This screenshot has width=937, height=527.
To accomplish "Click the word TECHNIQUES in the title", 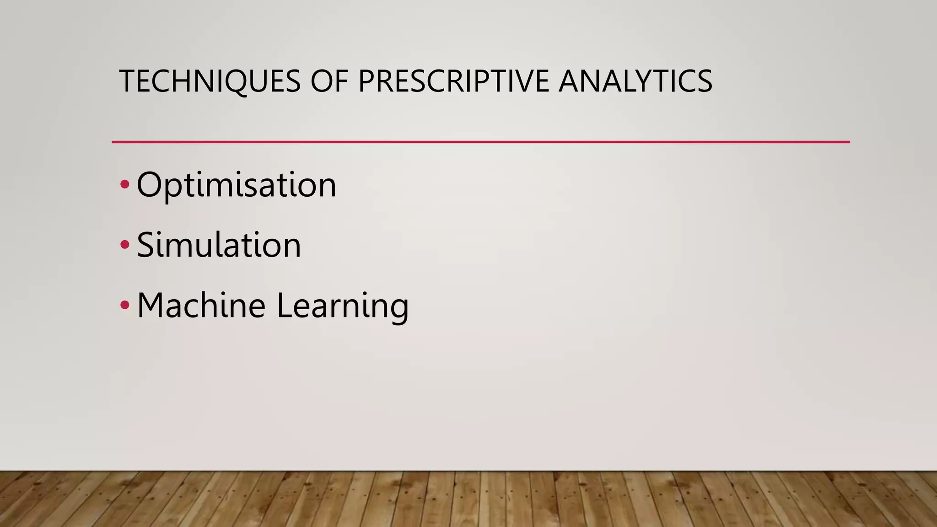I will tap(210, 81).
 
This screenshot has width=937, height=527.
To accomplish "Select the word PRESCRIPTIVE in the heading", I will tap(453, 81).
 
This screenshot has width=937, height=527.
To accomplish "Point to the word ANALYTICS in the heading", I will tap(635, 81).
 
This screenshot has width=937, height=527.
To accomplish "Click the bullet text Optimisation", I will tap(236, 185).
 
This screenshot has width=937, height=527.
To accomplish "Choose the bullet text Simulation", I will tap(219, 245).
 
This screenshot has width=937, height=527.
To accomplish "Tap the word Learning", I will tap(343, 306).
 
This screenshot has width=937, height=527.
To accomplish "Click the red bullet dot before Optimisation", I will tap(124, 185).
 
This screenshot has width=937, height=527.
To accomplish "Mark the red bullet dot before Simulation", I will tap(124, 245).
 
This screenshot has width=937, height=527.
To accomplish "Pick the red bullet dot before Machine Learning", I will tap(124, 305).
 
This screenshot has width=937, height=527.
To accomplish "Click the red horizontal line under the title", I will tap(480, 142).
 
